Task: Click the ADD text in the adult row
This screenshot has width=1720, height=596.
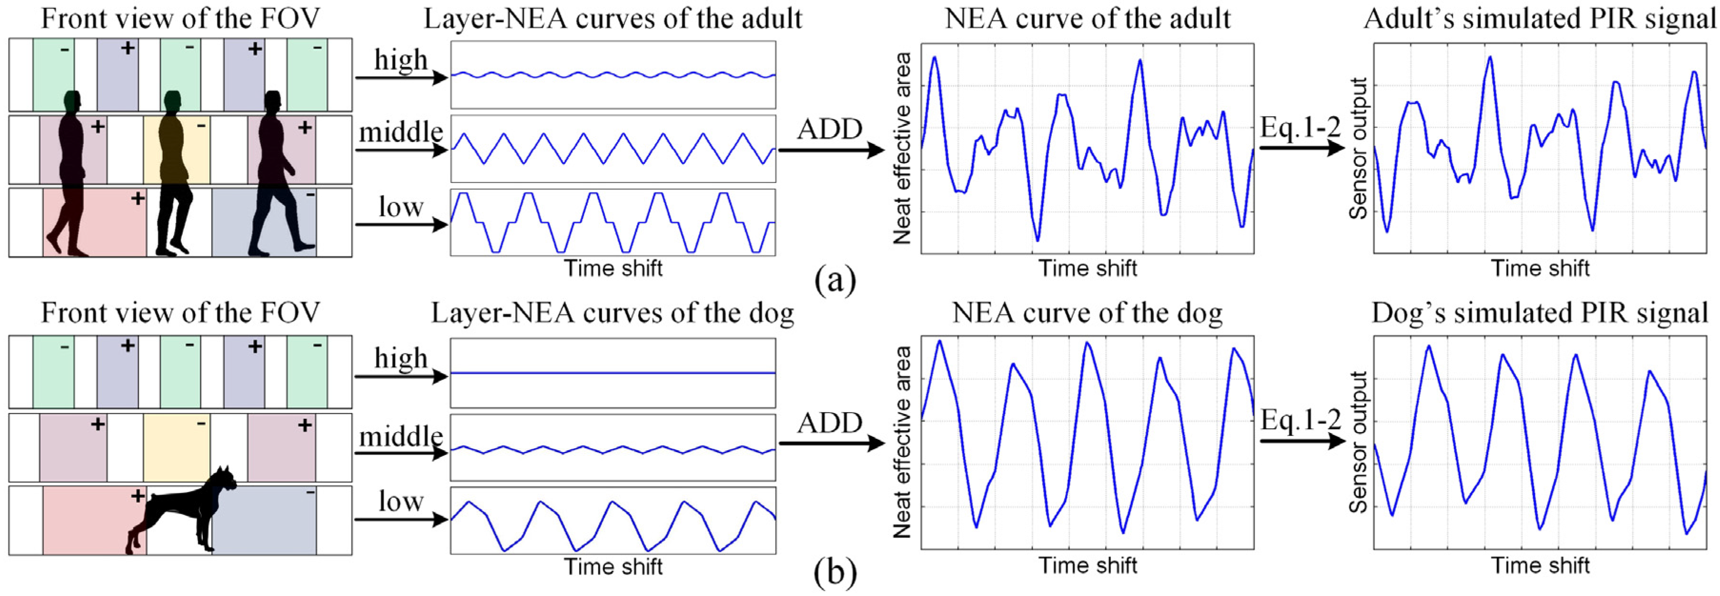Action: point(830,129)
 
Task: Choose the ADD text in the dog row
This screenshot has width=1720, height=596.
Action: point(830,423)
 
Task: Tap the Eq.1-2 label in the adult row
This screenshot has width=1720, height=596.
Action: point(1300,127)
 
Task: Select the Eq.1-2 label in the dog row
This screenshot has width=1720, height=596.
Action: point(1300,420)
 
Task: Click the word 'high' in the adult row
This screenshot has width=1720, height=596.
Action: point(401,60)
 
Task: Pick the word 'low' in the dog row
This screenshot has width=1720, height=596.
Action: point(401,501)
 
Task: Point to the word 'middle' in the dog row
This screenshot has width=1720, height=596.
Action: point(401,437)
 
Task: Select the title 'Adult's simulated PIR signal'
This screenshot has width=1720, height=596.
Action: point(1539,19)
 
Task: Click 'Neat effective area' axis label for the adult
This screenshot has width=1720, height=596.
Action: point(902,148)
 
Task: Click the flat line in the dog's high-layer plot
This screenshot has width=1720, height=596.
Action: point(613,372)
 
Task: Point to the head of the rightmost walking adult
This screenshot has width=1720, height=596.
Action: point(272,101)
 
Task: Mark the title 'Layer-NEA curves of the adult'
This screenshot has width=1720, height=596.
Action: point(613,19)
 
